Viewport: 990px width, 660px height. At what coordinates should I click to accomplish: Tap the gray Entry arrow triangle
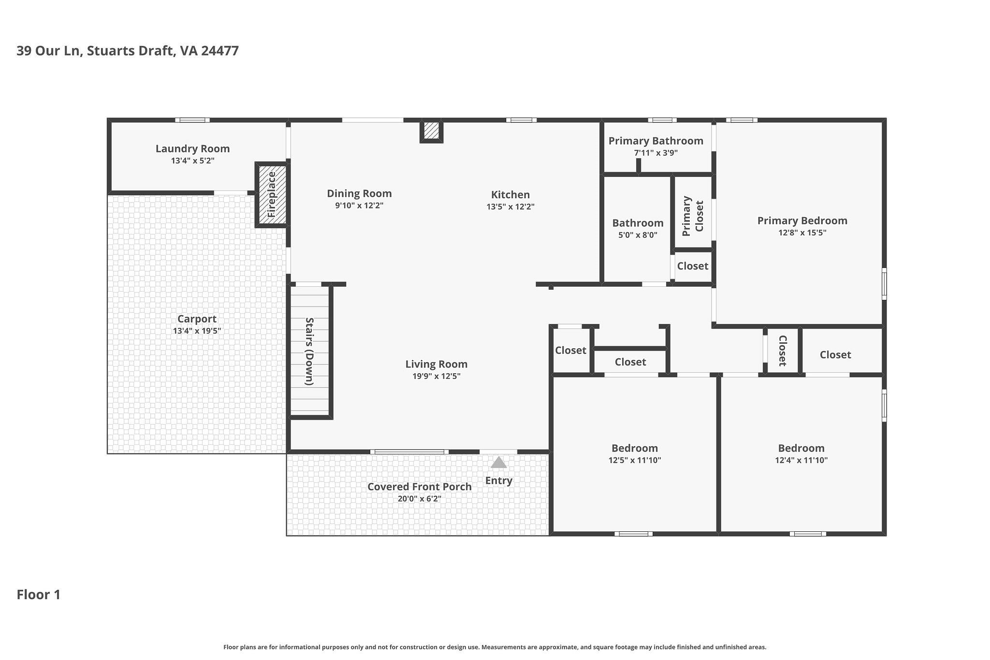pyautogui.click(x=498, y=463)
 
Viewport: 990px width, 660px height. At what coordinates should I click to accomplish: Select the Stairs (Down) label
pyautogui.click(x=309, y=351)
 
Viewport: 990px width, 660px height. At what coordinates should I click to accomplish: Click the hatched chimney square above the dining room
pyautogui.click(x=431, y=130)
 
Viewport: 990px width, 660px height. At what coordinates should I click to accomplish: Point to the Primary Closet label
pyautogui.click(x=692, y=216)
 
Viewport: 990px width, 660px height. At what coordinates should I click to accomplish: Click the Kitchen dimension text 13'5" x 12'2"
pyautogui.click(x=510, y=207)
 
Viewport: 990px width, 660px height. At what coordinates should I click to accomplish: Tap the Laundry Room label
pyautogui.click(x=192, y=149)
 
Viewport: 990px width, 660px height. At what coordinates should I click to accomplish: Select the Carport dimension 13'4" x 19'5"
pyautogui.click(x=197, y=331)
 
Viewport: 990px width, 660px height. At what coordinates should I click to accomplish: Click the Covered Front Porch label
pyautogui.click(x=419, y=487)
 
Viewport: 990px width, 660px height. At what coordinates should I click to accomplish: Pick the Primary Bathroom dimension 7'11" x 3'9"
pyautogui.click(x=655, y=153)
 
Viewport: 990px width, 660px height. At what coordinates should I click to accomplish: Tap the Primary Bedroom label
pyautogui.click(x=802, y=221)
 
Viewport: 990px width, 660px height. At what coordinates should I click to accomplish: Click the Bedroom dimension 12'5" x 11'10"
pyautogui.click(x=634, y=460)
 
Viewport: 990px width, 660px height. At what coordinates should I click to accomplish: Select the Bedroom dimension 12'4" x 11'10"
pyautogui.click(x=801, y=460)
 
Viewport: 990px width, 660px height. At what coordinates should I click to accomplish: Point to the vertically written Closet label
pyautogui.click(x=782, y=351)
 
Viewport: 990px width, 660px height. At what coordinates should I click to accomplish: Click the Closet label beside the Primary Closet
pyautogui.click(x=692, y=266)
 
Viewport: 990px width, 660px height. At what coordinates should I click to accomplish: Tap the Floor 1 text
pyautogui.click(x=39, y=595)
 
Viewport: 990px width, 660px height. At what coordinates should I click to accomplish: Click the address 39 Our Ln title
pyautogui.click(x=127, y=51)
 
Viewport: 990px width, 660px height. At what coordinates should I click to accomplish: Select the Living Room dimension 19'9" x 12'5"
pyautogui.click(x=436, y=376)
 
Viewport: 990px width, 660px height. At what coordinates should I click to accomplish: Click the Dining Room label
pyautogui.click(x=359, y=193)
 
